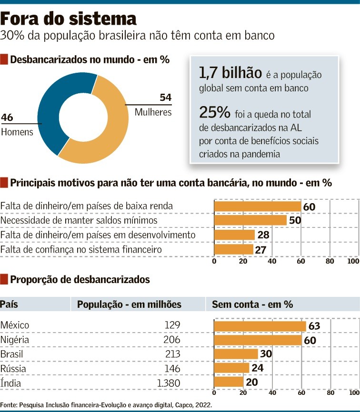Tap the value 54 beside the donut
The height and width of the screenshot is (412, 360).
165,98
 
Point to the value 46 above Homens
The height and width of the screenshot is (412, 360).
7,117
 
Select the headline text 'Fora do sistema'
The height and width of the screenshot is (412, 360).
69,19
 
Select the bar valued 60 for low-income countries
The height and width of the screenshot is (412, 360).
258,206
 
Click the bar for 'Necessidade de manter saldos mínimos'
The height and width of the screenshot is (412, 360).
250,221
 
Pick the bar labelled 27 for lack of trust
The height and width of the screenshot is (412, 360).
234,249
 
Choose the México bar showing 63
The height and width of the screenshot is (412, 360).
260,326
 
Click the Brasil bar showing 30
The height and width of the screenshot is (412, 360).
236,354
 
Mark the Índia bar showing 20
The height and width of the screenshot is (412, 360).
229,383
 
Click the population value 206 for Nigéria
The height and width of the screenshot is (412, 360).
171,340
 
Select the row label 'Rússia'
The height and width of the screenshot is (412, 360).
13,369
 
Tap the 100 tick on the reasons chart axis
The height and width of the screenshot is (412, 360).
353,261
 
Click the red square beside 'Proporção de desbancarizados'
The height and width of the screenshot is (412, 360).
4,280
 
